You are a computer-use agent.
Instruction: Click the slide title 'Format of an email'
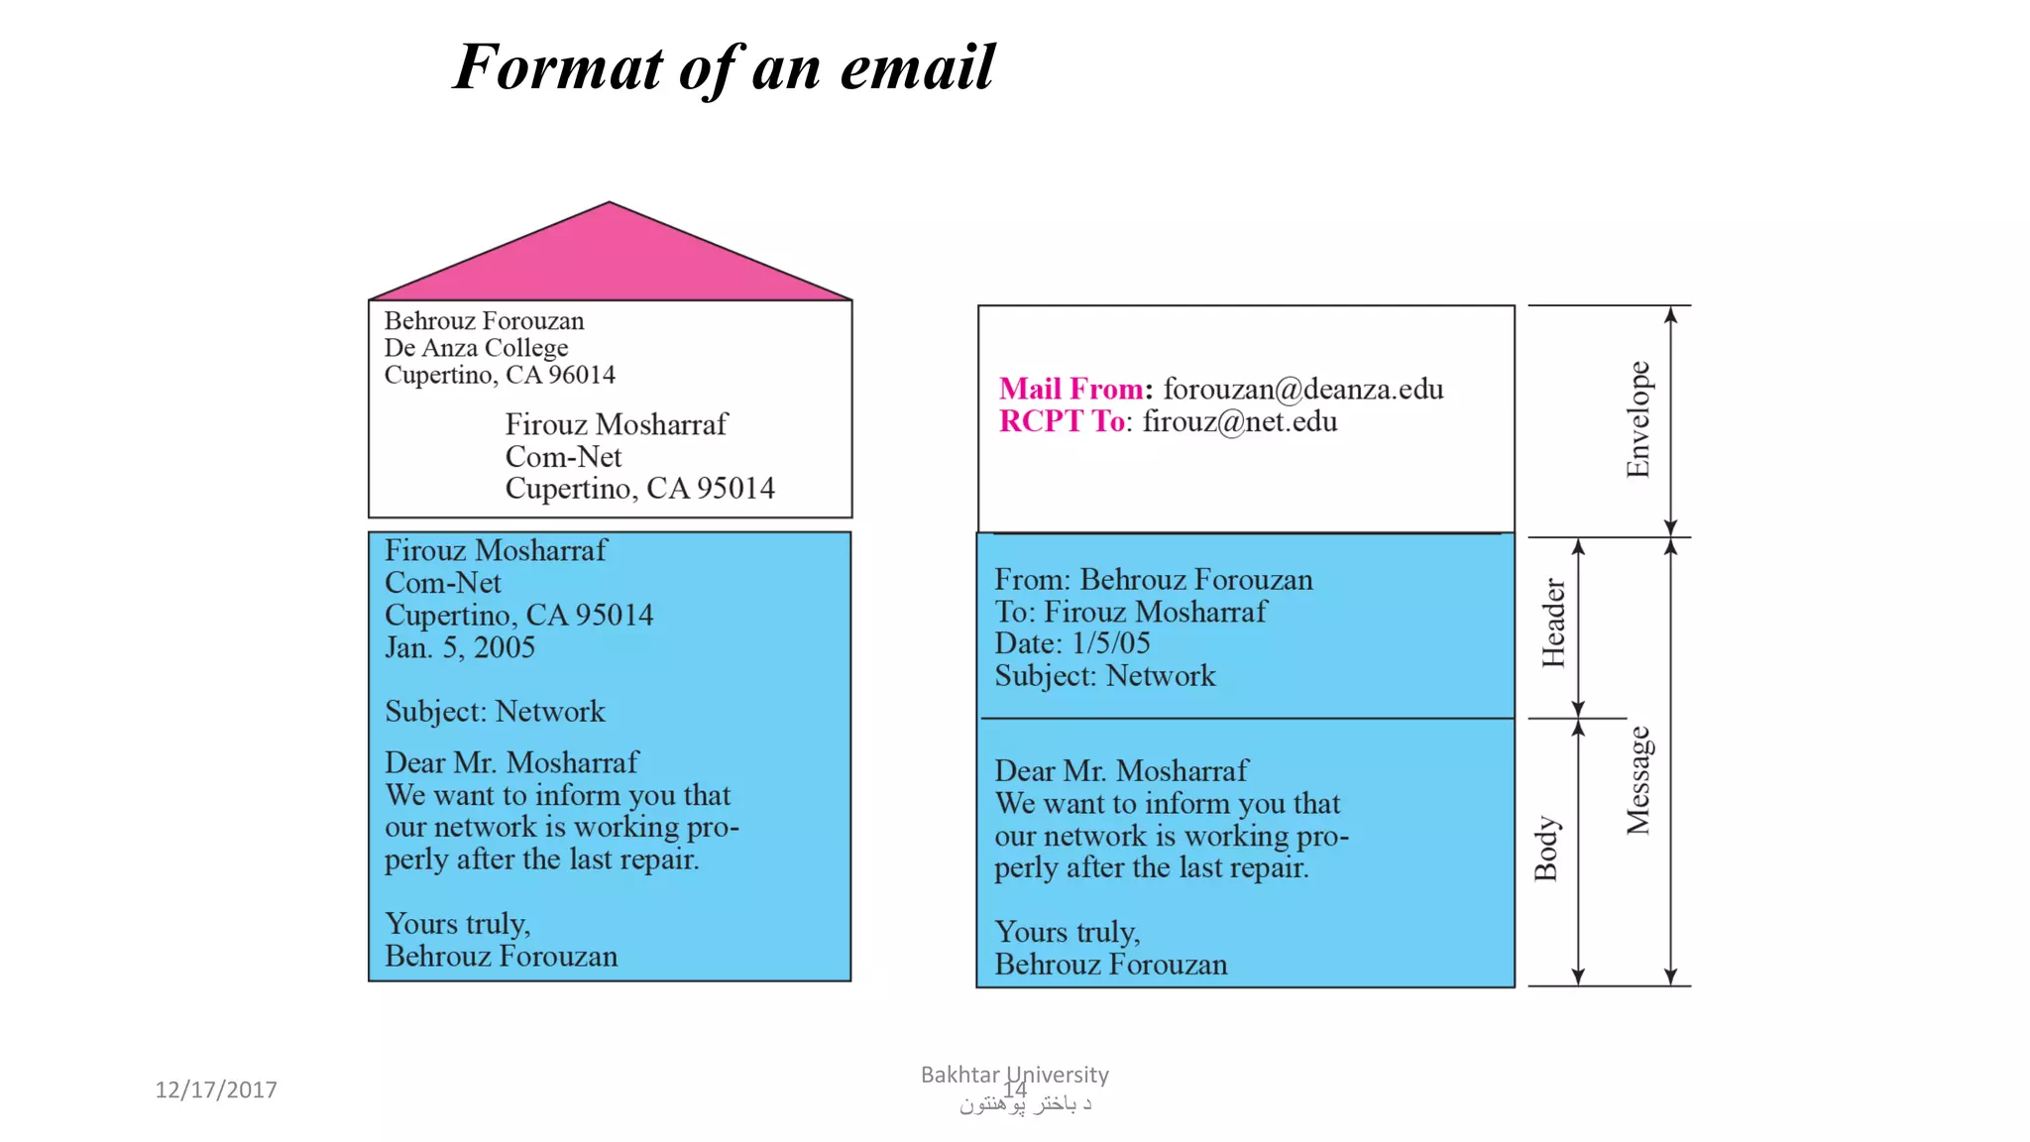click(x=724, y=67)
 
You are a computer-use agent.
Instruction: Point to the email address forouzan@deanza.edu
click(x=1303, y=389)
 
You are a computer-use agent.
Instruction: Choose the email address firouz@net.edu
click(x=1240, y=421)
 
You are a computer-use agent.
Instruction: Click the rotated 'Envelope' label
click(x=1638, y=419)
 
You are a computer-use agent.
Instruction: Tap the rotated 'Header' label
click(x=1553, y=624)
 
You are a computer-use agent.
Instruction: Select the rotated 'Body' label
click(x=1546, y=850)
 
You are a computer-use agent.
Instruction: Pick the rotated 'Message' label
click(x=1638, y=780)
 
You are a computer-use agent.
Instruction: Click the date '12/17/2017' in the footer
click(x=216, y=1089)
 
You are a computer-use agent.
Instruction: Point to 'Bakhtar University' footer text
click(x=1014, y=1075)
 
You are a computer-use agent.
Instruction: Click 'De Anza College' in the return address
click(x=477, y=348)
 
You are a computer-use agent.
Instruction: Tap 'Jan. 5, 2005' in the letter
click(x=460, y=647)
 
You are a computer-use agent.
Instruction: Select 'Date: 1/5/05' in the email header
click(x=1072, y=643)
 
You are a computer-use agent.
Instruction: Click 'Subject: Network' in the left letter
click(x=495, y=711)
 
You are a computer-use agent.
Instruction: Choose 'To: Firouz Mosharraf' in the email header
click(x=1130, y=612)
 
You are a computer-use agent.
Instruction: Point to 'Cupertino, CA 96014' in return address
click(x=500, y=375)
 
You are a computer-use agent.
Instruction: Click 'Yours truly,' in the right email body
click(x=1068, y=932)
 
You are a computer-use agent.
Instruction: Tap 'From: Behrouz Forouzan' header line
click(x=1154, y=580)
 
